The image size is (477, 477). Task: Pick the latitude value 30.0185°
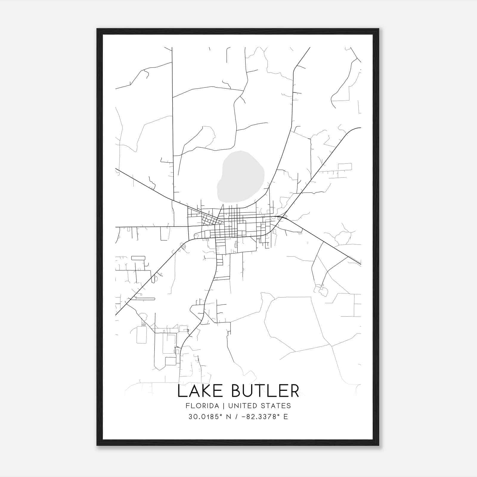click(205, 417)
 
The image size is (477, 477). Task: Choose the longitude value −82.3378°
click(258, 417)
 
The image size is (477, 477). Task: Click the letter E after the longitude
click(286, 417)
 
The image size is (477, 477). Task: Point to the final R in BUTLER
click(295, 391)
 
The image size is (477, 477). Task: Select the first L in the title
click(182, 391)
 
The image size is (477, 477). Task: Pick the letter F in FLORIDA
click(188, 406)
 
